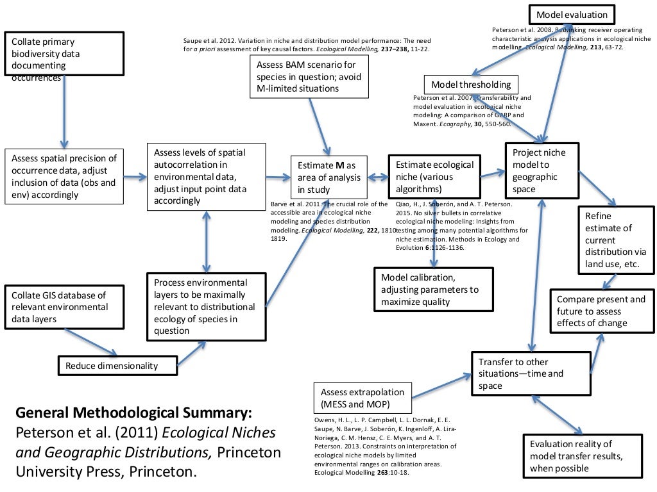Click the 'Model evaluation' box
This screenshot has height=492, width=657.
572,15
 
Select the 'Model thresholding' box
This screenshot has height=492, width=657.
471,85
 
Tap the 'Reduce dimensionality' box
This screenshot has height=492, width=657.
118,366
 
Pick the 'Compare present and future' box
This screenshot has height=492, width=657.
601,311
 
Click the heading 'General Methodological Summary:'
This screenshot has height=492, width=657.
133,411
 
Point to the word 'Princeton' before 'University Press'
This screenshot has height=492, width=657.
250,452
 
